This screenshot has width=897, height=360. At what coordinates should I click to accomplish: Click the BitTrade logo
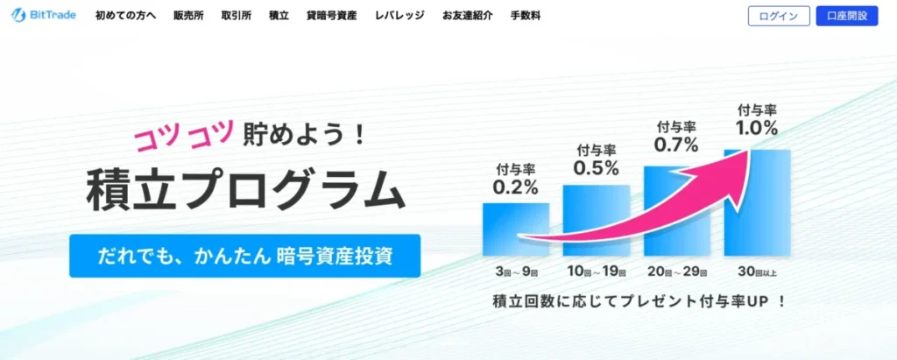pyautogui.click(x=44, y=16)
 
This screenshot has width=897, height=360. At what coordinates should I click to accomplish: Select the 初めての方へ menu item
pyautogui.click(x=125, y=16)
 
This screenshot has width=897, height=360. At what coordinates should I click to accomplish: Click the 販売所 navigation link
pyautogui.click(x=188, y=16)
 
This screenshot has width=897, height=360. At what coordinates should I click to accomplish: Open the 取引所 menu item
pyautogui.click(x=237, y=16)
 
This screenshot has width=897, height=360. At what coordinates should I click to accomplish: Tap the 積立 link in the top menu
pyautogui.click(x=279, y=16)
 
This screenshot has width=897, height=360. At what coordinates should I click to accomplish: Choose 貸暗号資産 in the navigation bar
pyautogui.click(x=332, y=16)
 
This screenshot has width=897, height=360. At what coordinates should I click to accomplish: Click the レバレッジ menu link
pyautogui.click(x=399, y=16)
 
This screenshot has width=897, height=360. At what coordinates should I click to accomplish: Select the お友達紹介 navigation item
pyautogui.click(x=468, y=16)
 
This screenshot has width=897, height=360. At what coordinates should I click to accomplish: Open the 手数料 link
pyautogui.click(x=526, y=16)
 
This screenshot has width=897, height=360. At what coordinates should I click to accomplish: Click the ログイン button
pyautogui.click(x=779, y=16)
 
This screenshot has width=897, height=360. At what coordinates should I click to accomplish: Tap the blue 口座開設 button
pyautogui.click(x=847, y=16)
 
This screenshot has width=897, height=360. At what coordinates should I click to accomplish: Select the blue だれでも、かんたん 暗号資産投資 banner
pyautogui.click(x=245, y=256)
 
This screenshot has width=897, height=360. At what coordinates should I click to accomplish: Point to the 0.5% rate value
pyautogui.click(x=597, y=167)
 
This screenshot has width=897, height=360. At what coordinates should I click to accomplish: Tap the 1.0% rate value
pyautogui.click(x=756, y=128)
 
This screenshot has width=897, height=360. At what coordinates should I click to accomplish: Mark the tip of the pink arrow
pyautogui.click(x=749, y=150)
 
